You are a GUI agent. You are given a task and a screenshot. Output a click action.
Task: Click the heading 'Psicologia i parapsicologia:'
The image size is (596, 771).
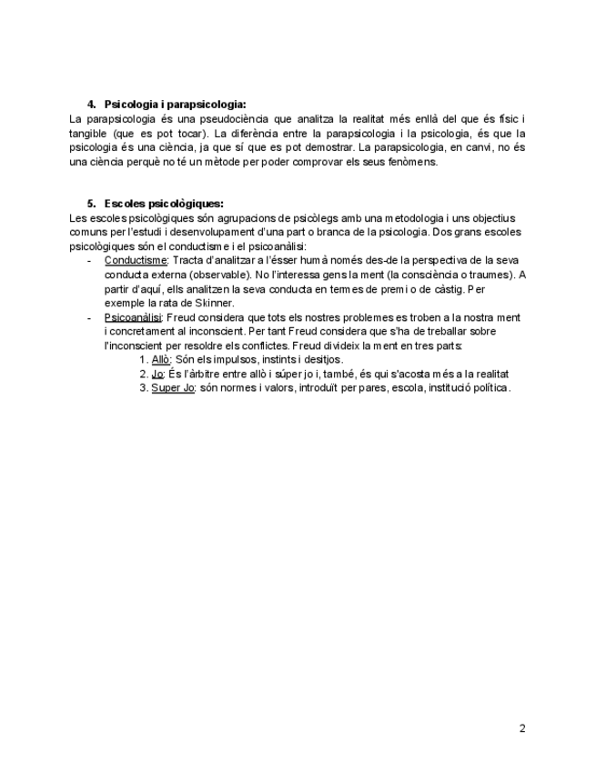176,105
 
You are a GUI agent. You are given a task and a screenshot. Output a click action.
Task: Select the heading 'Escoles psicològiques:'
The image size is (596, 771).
164,203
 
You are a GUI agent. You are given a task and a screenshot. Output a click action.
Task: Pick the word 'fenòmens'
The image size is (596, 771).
437,162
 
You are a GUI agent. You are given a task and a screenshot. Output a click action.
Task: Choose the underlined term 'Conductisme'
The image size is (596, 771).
136,260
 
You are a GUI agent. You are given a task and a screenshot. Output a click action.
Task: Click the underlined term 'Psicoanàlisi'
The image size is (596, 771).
133,317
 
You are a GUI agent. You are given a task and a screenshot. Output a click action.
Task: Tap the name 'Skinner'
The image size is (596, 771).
215,303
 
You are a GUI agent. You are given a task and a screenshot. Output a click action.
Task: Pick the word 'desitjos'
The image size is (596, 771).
322,360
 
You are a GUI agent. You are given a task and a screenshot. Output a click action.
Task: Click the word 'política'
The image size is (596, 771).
489,388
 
